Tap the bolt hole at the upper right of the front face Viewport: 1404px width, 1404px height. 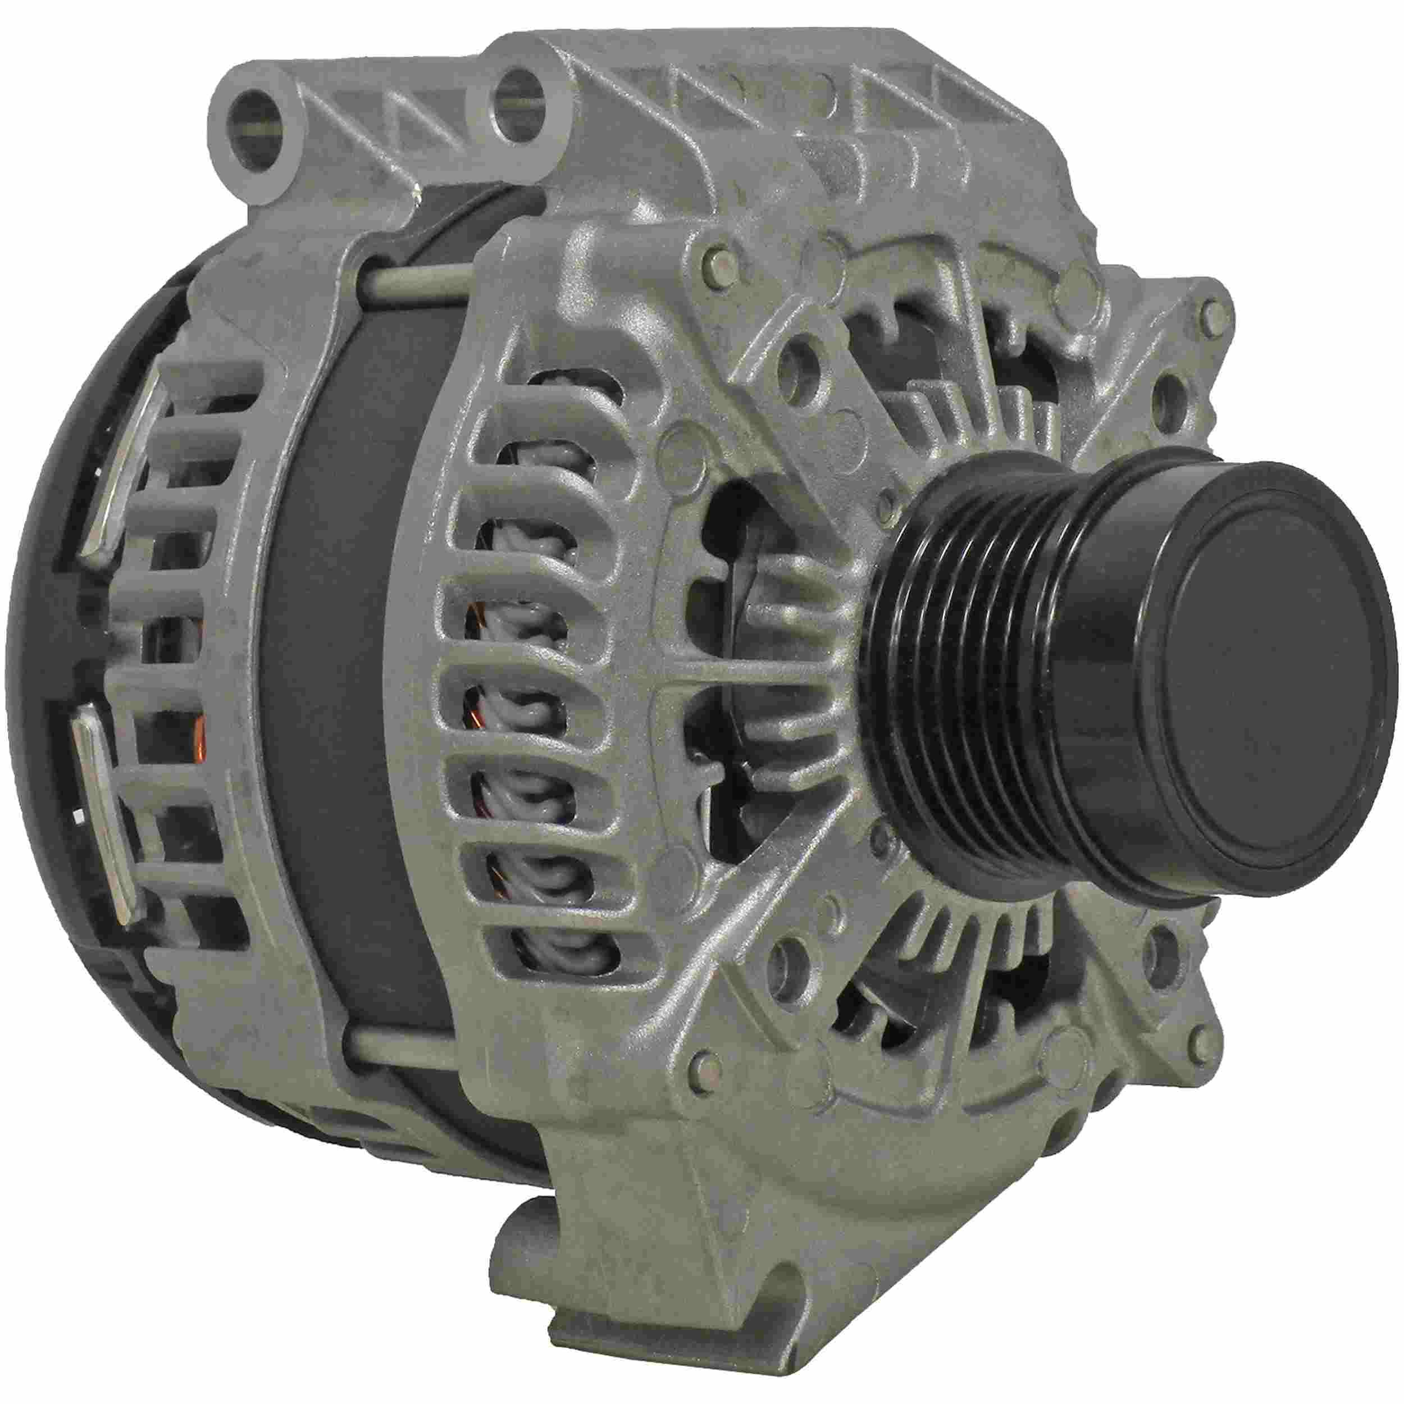click(x=1170, y=393)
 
